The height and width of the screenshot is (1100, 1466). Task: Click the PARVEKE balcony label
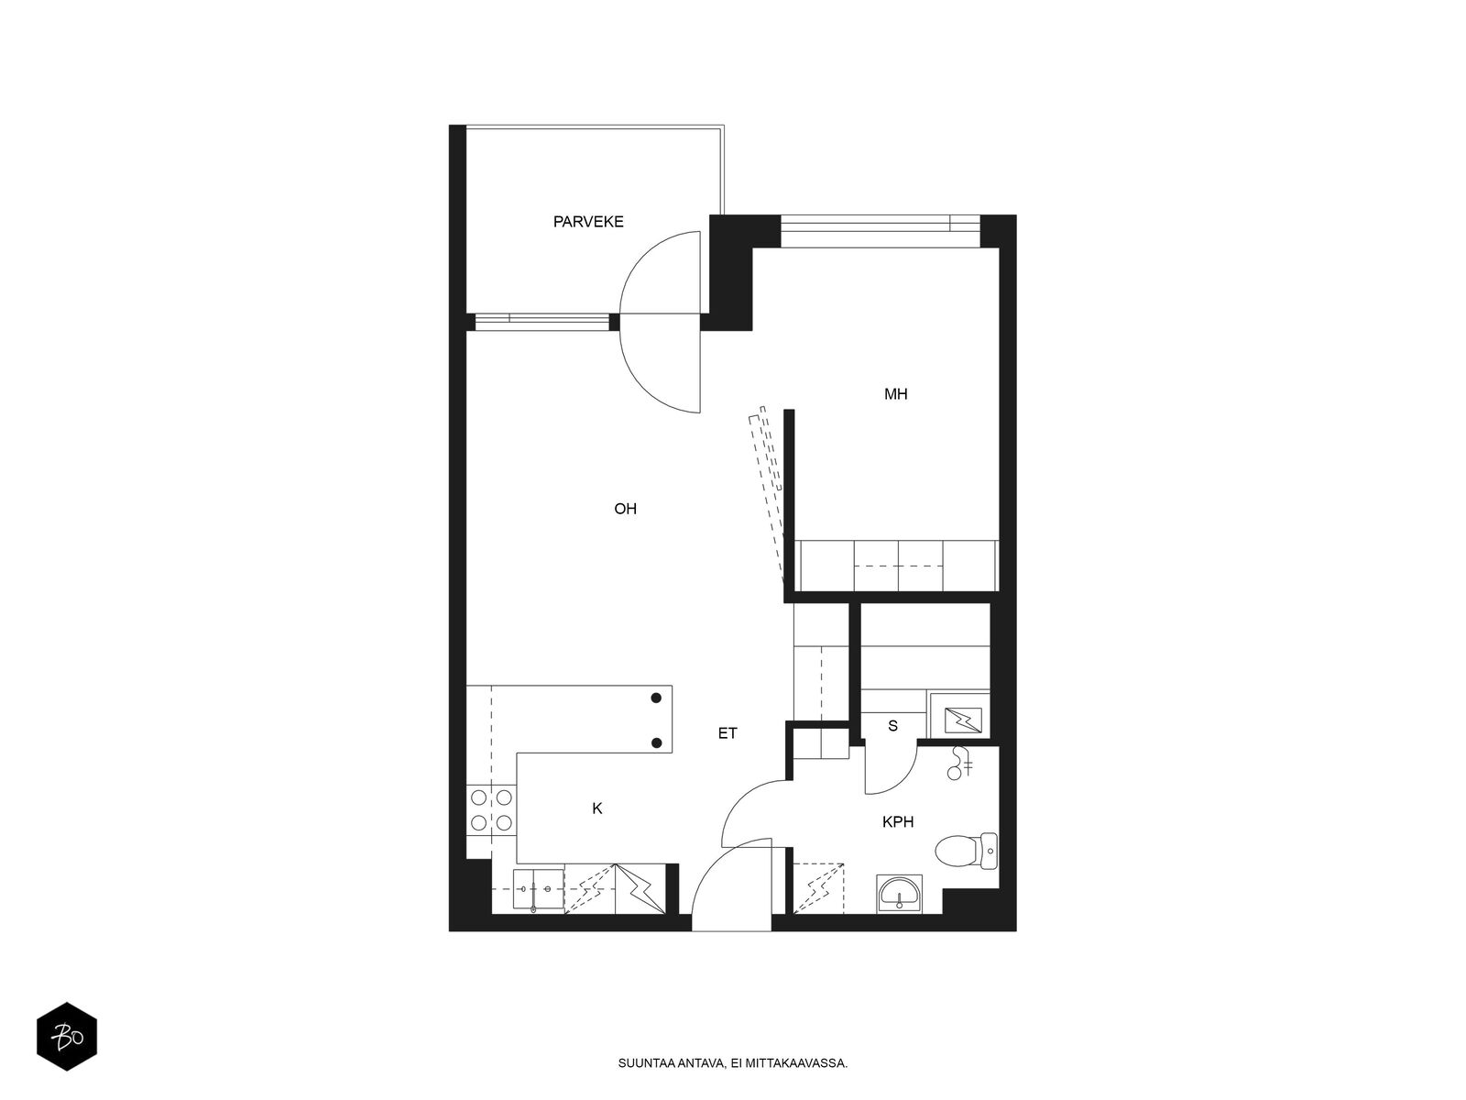[x=587, y=222]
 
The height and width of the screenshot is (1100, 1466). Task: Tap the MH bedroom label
[x=895, y=394]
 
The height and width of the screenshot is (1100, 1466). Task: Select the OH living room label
[x=625, y=509]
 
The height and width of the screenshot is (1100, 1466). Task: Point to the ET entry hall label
[x=728, y=733]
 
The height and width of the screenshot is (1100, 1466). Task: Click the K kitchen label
[x=597, y=808]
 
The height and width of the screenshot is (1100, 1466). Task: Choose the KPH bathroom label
[x=898, y=822]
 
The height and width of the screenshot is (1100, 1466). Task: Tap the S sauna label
[x=893, y=726]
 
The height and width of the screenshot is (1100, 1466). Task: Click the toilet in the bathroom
[x=966, y=852]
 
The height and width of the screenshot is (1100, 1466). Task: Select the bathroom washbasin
[x=899, y=894]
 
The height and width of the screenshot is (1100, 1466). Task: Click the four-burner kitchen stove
[x=491, y=809]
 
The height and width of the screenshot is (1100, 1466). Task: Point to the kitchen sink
[x=539, y=889]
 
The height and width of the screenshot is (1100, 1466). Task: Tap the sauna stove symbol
[x=963, y=720]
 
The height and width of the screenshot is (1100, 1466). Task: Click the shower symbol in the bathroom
[x=960, y=764]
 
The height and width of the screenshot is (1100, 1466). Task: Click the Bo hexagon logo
[x=67, y=1037]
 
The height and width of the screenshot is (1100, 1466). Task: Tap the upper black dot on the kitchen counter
[x=656, y=698]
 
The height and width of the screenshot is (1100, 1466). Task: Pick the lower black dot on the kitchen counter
[x=656, y=742]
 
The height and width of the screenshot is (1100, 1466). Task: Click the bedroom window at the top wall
[x=880, y=232]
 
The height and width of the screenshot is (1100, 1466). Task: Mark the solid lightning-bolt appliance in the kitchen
[x=640, y=889]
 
